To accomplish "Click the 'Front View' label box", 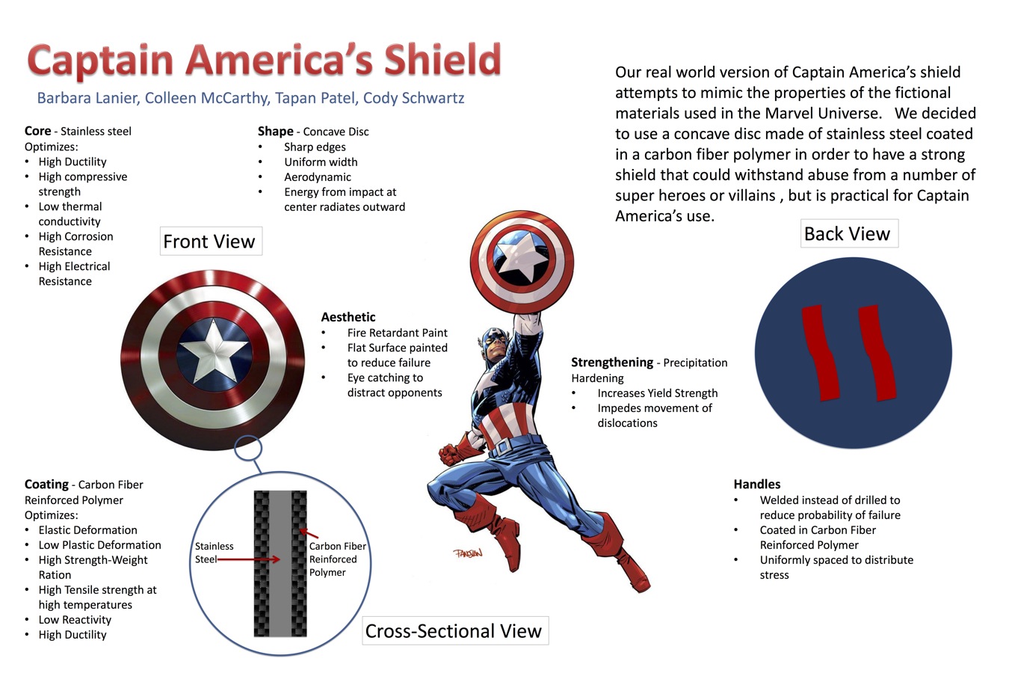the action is click(211, 242).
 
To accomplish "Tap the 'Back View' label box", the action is click(849, 233).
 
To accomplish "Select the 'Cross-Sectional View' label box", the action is click(455, 630).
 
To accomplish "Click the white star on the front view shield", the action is click(214, 350).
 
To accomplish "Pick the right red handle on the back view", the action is click(877, 353).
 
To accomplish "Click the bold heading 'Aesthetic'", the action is click(348, 317).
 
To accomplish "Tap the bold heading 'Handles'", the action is click(756, 484).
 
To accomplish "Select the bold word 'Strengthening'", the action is click(611, 363).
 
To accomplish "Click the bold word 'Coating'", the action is click(46, 485).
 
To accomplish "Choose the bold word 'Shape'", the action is click(275, 132).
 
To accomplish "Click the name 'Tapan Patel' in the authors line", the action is click(315, 98).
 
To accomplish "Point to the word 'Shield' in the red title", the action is click(442, 60).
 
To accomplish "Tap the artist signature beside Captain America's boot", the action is click(469, 553).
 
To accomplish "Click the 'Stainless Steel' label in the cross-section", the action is click(214, 553).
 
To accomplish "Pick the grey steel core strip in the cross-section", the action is click(280, 564).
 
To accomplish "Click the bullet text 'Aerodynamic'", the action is click(318, 177).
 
